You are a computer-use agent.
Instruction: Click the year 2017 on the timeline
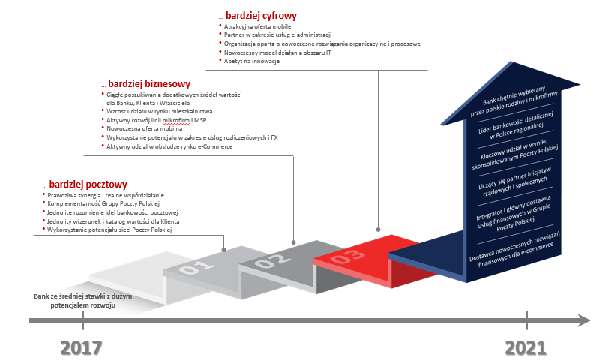click(x=81, y=347)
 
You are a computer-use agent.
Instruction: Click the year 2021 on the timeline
click(x=526, y=347)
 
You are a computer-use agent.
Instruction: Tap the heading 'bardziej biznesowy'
click(x=149, y=84)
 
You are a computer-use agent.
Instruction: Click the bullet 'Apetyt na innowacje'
click(x=252, y=61)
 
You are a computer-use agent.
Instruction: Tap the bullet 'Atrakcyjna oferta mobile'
click(x=258, y=26)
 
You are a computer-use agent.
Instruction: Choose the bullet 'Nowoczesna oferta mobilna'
click(x=144, y=128)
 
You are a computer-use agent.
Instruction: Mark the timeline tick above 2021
click(x=526, y=320)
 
